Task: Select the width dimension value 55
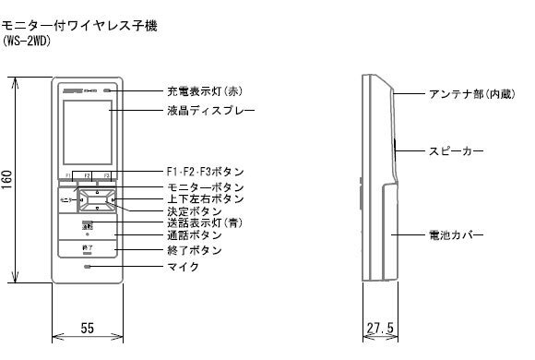[87, 328]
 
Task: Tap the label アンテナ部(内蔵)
[468, 94]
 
